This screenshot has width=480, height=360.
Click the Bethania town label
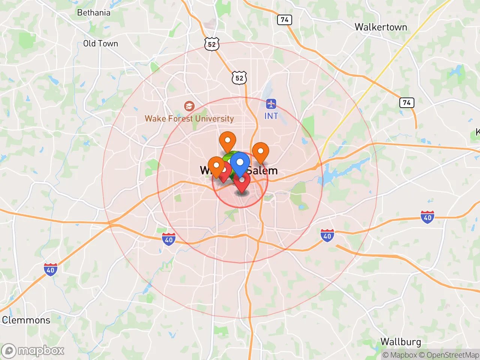pyautogui.click(x=94, y=13)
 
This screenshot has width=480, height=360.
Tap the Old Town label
pyautogui.click(x=100, y=43)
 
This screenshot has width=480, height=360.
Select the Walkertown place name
pyautogui.click(x=381, y=27)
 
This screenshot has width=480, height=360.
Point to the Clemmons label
pyautogui.click(x=26, y=320)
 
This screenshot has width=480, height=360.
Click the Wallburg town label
pyautogui.click(x=400, y=342)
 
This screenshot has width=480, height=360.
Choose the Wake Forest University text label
pyautogui.click(x=189, y=118)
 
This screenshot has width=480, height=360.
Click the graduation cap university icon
pyautogui.click(x=189, y=106)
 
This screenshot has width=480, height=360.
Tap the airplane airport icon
pyautogui.click(x=271, y=104)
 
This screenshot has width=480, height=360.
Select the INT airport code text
pyautogui.click(x=271, y=116)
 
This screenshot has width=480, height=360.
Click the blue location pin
pyautogui.click(x=240, y=163)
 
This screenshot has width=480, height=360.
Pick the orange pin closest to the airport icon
pyautogui.click(x=260, y=152)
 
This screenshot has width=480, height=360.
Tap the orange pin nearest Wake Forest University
pyautogui.click(x=227, y=141)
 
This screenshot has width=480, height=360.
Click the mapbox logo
pyautogui.click(x=33, y=351)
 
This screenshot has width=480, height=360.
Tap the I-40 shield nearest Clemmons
pyautogui.click(x=51, y=270)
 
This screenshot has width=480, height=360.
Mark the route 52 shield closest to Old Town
pyautogui.click(x=212, y=44)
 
